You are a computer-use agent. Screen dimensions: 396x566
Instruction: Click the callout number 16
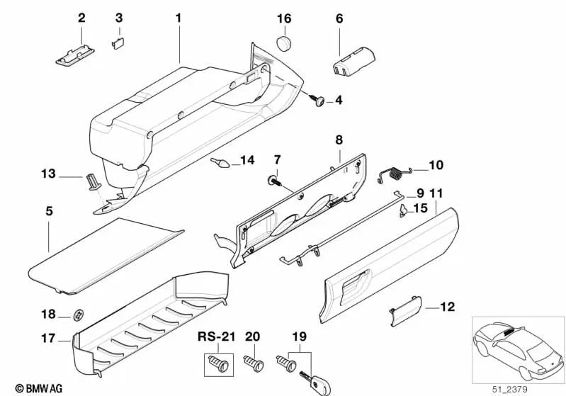point(283,18)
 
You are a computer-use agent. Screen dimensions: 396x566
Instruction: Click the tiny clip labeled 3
point(118,42)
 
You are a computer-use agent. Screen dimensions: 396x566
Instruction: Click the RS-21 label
point(216,336)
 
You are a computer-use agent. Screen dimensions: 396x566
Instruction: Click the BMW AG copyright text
point(25,388)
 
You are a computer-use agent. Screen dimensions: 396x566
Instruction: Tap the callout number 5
point(48,211)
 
